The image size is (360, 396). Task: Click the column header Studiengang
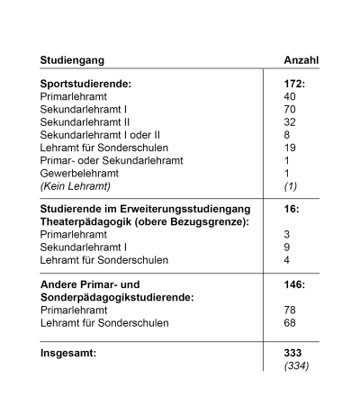tap(72, 60)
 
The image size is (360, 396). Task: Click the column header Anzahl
tap(301, 60)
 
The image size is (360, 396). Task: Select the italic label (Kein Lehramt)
tap(73, 184)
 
